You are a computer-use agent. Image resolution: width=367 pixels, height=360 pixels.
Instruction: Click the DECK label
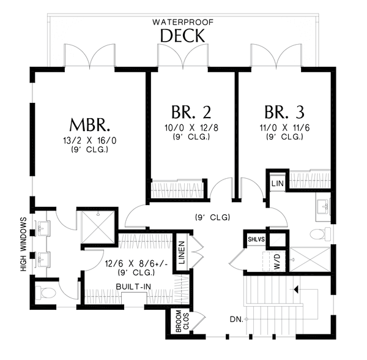[182, 36]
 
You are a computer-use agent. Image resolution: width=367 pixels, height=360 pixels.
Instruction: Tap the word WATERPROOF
[183, 22]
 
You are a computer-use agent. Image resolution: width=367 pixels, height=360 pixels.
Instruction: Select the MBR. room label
[90, 125]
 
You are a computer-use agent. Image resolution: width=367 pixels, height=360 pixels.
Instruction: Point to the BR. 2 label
[191, 112]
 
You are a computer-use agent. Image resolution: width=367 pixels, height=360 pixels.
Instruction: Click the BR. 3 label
[284, 112]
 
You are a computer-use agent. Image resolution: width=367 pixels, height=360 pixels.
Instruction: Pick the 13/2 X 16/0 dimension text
[90, 141]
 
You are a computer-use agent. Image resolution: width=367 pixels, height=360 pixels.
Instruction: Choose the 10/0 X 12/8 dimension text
[191, 128]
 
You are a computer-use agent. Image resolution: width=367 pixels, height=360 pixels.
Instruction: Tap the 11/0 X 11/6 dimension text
[284, 128]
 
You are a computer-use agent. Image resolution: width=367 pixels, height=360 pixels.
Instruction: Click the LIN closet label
[278, 183]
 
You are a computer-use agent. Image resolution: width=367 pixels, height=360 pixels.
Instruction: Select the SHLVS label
[256, 239]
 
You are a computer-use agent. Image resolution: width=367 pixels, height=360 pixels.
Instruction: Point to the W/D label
[276, 261]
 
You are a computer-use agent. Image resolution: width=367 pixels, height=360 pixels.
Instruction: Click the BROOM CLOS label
[182, 321]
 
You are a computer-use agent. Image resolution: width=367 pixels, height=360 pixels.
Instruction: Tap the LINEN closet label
[182, 253]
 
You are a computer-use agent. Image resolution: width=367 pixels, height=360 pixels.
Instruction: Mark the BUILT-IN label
[133, 287]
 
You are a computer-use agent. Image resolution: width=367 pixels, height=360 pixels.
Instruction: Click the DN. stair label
[237, 319]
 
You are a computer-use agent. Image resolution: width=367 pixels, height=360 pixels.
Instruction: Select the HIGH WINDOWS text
[23, 244]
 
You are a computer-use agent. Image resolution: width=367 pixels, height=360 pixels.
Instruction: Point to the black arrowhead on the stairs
[296, 290]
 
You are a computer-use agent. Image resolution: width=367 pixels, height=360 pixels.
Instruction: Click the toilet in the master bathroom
[47, 293]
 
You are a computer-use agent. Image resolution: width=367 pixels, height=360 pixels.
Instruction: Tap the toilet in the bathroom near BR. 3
[320, 234]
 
